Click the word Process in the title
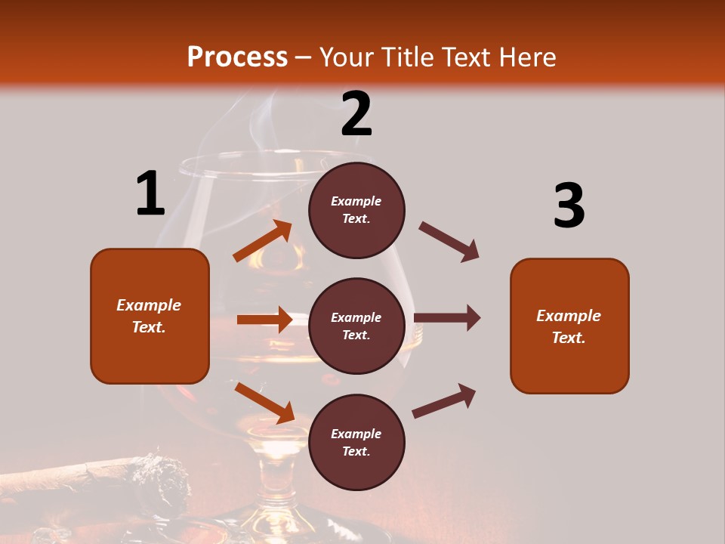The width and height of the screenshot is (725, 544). click(x=237, y=57)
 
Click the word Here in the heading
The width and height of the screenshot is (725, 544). click(x=526, y=57)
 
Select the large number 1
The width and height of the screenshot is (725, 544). click(x=150, y=194)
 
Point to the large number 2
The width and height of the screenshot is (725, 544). click(x=356, y=115)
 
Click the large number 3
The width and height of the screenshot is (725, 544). click(x=569, y=206)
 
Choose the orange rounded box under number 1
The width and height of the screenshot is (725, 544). click(x=150, y=316)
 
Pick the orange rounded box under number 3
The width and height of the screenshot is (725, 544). click(x=569, y=326)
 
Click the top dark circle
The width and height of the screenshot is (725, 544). click(x=356, y=210)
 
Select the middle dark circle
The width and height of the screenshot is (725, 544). click(x=356, y=326)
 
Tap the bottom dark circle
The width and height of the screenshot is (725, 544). click(x=356, y=442)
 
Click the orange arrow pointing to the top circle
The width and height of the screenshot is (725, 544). click(x=263, y=242)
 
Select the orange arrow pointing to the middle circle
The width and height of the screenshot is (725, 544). click(x=264, y=320)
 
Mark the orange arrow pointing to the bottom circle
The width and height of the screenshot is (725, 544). click(x=264, y=403)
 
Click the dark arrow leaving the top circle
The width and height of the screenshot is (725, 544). click(x=449, y=242)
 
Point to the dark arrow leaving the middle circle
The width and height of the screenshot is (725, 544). click(x=447, y=318)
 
